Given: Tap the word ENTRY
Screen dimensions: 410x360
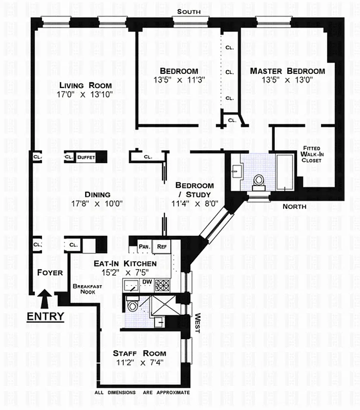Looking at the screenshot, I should pos(45,316).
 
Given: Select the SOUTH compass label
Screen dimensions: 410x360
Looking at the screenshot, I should pos(189,12).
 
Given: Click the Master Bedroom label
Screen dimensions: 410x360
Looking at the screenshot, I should pos(287,71).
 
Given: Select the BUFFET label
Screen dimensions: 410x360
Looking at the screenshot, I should pos(86,157).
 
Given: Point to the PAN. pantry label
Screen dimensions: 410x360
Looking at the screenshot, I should pos(144,247).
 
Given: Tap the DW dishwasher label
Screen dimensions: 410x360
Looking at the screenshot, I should pos(146,282).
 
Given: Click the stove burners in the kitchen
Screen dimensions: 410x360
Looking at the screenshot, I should pos(164,285).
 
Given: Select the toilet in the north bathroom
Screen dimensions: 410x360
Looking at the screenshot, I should pos(258,181).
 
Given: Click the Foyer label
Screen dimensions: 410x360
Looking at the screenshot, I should pos(50,273).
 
